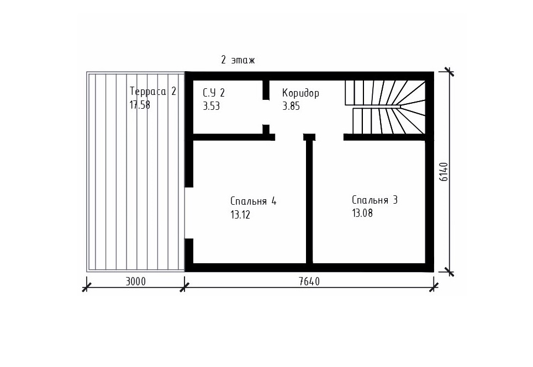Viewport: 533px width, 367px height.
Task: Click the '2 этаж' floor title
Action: coord(238,61)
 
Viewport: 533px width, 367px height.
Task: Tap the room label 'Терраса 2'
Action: coord(153,91)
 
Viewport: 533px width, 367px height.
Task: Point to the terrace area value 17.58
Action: coord(140,104)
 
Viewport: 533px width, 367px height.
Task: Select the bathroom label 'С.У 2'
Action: coord(214,92)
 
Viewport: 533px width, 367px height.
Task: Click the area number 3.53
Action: coord(211,106)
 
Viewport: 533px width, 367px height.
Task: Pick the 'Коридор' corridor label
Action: coord(301,93)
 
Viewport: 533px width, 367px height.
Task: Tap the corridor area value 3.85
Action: coord(291,106)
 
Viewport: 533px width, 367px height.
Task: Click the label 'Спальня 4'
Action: coord(253,201)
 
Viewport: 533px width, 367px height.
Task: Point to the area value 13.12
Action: coord(240,215)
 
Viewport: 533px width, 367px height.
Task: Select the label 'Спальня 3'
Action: coord(374,200)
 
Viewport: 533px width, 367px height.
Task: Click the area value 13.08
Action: coord(362,213)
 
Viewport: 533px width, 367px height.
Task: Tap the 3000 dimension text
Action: coord(136,281)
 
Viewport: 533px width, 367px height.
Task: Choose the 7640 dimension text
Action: coord(309,281)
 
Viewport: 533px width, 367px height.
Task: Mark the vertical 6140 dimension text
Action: coord(444,172)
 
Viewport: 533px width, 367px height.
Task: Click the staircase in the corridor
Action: coord(386,107)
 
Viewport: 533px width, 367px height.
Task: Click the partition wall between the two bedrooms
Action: coord(309,201)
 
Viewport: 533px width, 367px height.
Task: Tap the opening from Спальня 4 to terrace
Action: coord(189,213)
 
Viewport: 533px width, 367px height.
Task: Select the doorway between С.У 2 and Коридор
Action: coord(266,113)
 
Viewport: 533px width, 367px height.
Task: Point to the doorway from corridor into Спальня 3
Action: coord(329,137)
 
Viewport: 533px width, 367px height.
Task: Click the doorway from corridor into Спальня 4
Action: coord(289,137)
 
